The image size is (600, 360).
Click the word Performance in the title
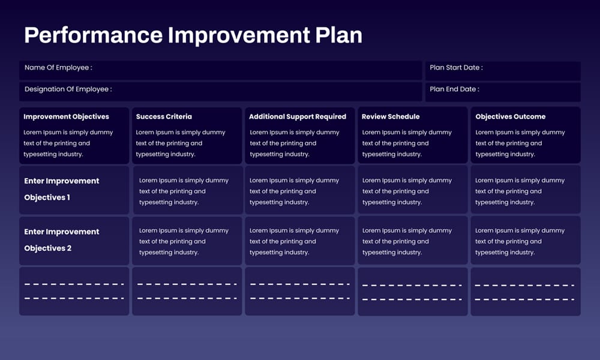93,35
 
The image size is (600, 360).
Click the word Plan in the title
339,35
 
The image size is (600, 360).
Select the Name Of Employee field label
58,68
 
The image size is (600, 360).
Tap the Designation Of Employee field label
68,89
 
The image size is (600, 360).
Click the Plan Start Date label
456,68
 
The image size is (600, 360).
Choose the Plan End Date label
454,89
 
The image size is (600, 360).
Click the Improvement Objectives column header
66,116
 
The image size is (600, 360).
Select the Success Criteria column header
164,116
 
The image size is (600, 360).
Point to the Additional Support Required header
298,116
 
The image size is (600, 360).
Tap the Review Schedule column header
391,116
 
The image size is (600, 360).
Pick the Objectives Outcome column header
511,116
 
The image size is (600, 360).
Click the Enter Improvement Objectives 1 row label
62,189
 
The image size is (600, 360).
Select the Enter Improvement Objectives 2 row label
62,240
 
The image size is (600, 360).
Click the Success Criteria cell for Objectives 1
187,191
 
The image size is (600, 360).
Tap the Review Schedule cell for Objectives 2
412,241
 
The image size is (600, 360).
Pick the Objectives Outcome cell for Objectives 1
525,191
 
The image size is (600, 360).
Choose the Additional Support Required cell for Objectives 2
299,241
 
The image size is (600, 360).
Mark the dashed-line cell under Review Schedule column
412,292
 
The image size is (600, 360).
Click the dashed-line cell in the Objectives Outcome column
525,292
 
